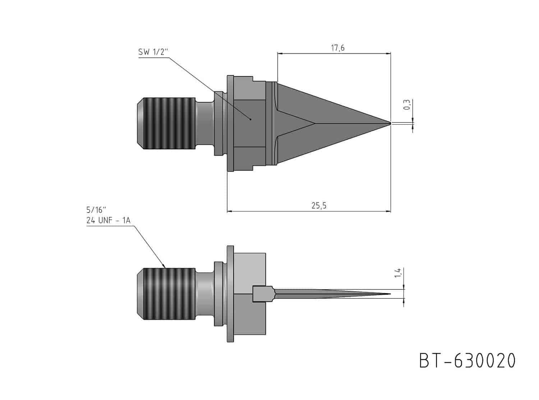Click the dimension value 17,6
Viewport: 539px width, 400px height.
pos(337,48)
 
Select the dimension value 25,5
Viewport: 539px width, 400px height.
pos(319,206)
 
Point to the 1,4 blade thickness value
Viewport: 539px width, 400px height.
pos(398,273)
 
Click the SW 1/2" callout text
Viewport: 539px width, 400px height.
pos(153,52)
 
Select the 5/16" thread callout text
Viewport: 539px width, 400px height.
pos(96,209)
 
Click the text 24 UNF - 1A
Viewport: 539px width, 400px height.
pos(109,220)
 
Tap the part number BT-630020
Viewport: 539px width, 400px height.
pos(467,361)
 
